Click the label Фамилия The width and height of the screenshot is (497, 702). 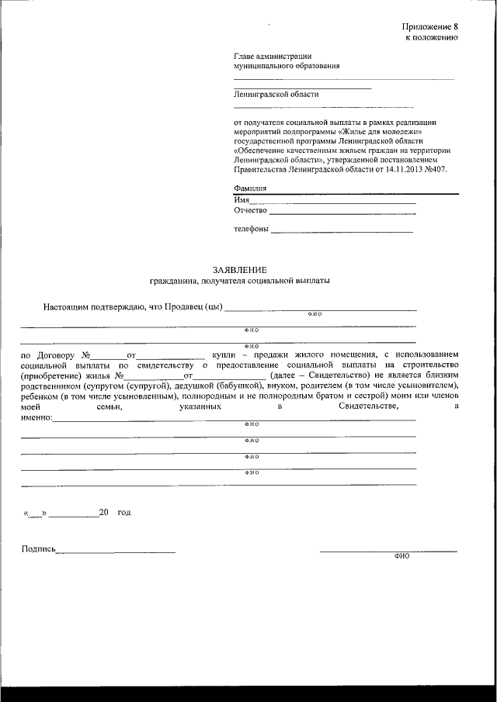pos(249,188)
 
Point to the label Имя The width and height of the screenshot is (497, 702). pos(241,199)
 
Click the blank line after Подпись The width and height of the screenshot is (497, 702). pos(116,551)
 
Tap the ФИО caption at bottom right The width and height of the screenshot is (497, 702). pos(401,556)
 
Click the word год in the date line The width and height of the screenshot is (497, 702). pos(124,513)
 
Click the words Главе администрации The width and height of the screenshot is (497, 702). pos(273,56)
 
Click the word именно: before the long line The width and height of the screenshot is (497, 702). pos(36,417)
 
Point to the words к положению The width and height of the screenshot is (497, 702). pos(431,36)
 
